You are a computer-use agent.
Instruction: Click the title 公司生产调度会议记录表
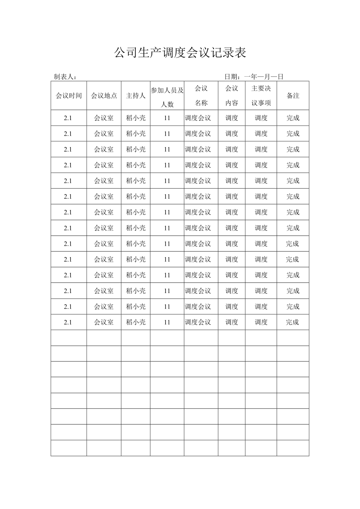point(180,53)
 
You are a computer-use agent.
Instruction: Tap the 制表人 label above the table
point(65,77)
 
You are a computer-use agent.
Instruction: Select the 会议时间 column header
point(69,95)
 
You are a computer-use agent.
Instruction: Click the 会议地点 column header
point(104,95)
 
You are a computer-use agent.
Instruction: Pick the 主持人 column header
point(135,95)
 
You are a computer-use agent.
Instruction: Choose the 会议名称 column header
point(201,95)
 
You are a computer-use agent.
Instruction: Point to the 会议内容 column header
point(232,95)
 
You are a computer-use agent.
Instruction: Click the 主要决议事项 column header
point(261,95)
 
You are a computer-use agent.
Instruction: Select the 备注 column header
point(293,95)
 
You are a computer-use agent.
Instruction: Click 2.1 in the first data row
point(68,118)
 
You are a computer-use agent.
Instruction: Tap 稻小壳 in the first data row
point(135,118)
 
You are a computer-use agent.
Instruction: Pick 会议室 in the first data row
point(104,118)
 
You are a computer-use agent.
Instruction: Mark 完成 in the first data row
point(293,118)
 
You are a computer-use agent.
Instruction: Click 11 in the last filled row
point(167,322)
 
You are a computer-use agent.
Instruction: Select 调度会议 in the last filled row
point(198,322)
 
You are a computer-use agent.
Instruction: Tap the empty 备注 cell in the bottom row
point(293,448)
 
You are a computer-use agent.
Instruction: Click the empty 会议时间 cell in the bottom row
point(69,448)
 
